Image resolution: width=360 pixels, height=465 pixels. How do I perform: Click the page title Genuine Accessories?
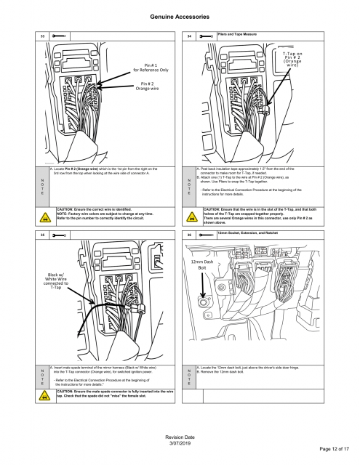pos(180,15)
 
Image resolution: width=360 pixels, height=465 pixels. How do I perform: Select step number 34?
pos(191,35)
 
